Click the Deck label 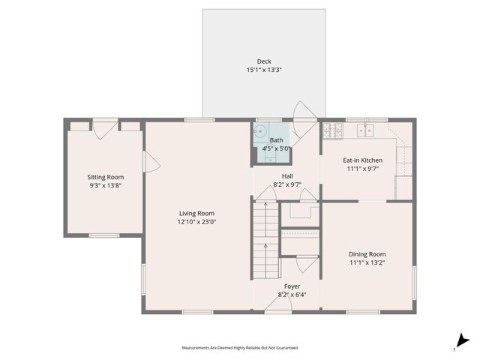tap(264, 61)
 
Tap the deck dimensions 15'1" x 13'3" tap(264, 70)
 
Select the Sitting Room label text tap(105, 177)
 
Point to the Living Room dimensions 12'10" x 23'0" tap(196, 222)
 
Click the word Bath tap(277, 140)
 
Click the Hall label tap(286, 175)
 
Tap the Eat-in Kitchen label tap(363, 160)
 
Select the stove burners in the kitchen tap(331, 131)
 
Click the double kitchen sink tap(365, 131)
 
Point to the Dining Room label tap(367, 254)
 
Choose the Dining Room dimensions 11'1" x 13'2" tap(367, 263)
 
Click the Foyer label tap(292, 286)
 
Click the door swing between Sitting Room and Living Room tap(151, 161)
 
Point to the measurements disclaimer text tap(239, 347)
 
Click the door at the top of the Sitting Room tap(106, 127)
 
